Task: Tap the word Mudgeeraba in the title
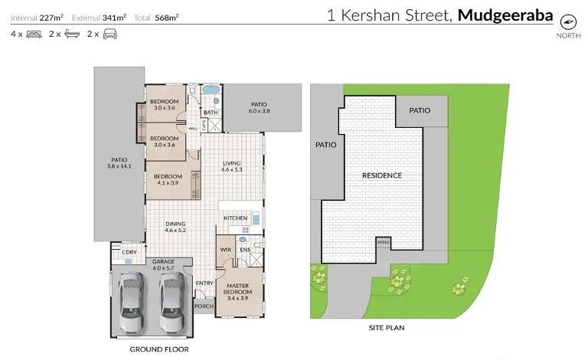click(505, 14)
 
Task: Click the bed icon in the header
click(34, 34)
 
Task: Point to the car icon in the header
click(110, 34)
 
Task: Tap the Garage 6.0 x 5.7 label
click(164, 265)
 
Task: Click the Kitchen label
click(235, 218)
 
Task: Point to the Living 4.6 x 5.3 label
click(232, 166)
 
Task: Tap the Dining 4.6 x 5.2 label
click(175, 227)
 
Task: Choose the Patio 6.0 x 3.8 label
click(258, 108)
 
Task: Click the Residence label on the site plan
click(381, 175)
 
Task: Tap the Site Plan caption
click(386, 328)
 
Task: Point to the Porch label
click(204, 307)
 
